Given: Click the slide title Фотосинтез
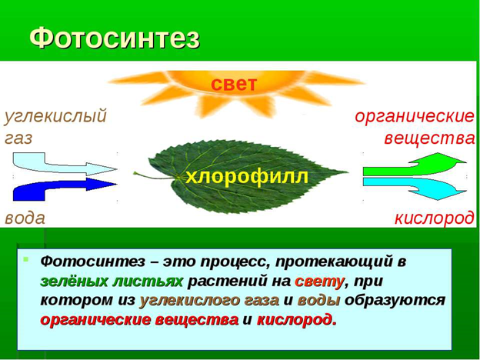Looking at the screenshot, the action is pyautogui.click(x=115, y=39).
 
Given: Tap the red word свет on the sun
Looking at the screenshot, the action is pyautogui.click(x=233, y=84).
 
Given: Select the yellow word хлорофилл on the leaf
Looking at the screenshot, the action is pyautogui.click(x=247, y=177).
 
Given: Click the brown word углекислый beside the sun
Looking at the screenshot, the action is pyautogui.click(x=55, y=116).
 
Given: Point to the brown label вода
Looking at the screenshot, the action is pyautogui.click(x=25, y=218).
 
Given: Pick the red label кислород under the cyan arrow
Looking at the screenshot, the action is pyautogui.click(x=434, y=218).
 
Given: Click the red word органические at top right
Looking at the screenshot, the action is pyautogui.click(x=414, y=117).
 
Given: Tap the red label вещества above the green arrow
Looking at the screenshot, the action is pyautogui.click(x=429, y=138).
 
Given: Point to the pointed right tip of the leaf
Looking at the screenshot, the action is pyautogui.click(x=348, y=172).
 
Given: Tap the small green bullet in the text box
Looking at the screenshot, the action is pyautogui.click(x=26, y=259).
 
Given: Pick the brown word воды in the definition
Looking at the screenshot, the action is pyautogui.click(x=318, y=301).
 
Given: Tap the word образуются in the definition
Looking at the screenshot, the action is pyautogui.click(x=395, y=302).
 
